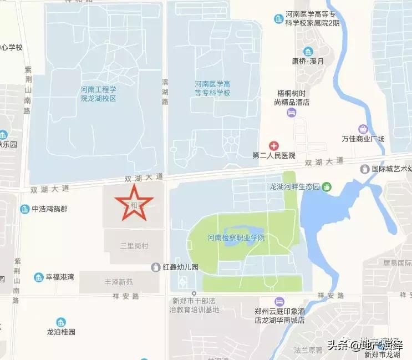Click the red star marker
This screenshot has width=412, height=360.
coord(133,203)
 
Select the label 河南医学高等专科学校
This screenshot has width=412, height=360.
coord(212,88)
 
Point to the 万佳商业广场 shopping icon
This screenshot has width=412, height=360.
coord(363,129)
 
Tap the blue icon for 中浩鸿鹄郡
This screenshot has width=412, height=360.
coord(24,209)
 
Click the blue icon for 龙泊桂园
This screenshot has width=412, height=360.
coord(60,322)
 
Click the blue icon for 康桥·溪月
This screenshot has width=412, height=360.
coord(307,52)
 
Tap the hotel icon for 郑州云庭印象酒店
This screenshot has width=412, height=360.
coord(279,301)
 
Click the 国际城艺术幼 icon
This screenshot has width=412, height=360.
coord(365,169)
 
